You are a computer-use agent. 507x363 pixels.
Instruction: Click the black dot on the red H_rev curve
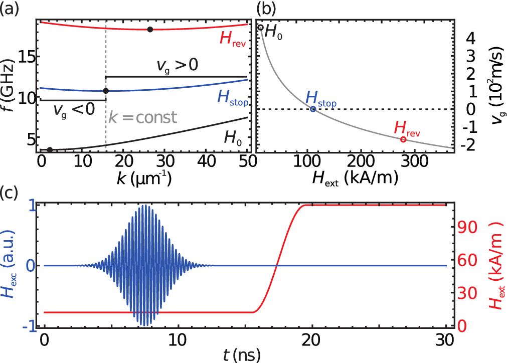pos(149,30)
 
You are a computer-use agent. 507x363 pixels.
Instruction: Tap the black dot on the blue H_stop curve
pos(106,91)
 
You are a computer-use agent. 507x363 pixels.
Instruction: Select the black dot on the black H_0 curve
pos(50,149)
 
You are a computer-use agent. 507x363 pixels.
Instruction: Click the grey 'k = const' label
pos(143,118)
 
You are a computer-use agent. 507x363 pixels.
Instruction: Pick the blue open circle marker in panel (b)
pos(313,109)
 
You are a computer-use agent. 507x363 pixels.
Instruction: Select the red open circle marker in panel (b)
pos(403,139)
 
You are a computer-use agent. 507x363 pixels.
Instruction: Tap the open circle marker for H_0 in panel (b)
pos(260,27)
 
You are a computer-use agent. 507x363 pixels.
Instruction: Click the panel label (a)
pos(10,8)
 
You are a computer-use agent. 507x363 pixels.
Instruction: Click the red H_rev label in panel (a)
pos(230,39)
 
